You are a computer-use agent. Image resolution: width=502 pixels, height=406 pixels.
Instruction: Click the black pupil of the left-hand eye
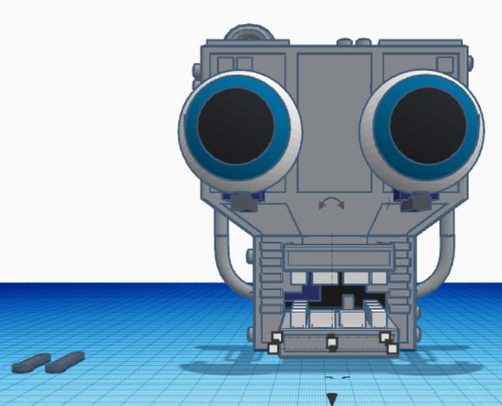pyautogui.click(x=235, y=124)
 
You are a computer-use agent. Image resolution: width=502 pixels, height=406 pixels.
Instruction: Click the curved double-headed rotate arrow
pyautogui.click(x=332, y=203)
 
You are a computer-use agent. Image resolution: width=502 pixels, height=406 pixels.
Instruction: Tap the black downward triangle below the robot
pyautogui.click(x=332, y=399)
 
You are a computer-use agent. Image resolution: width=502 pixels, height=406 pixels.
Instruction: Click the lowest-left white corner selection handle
pyautogui.click(x=273, y=349)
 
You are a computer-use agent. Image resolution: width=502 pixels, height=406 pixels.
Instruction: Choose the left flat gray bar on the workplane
pyautogui.click(x=31, y=362)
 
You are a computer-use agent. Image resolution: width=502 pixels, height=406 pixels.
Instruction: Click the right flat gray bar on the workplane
pyautogui.click(x=64, y=360)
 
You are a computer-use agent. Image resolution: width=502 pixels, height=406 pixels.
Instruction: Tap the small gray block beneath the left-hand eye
pyautogui.click(x=246, y=203)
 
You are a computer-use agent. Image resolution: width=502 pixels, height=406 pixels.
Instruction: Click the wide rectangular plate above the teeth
pyautogui.click(x=334, y=257)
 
